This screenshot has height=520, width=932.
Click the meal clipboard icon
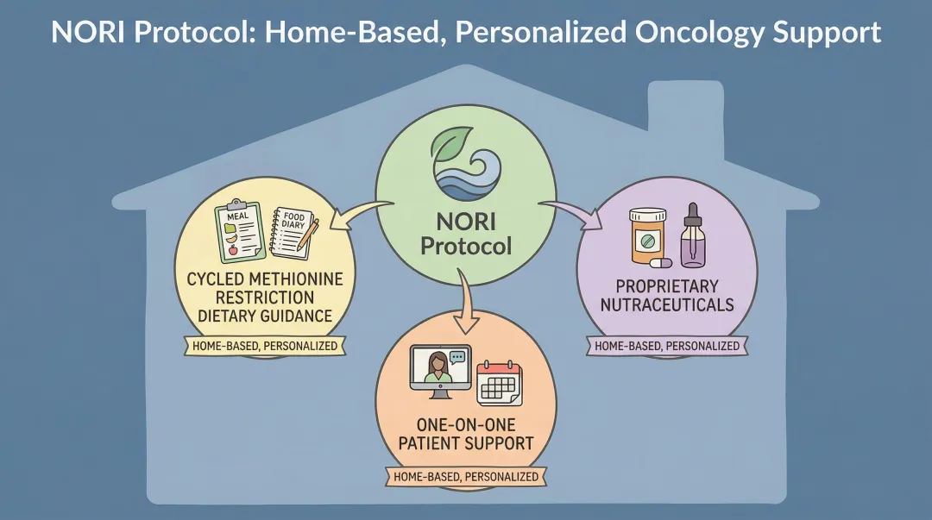click(239, 229)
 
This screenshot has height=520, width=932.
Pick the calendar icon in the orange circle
click(501, 382)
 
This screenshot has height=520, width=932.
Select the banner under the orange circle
click(466, 477)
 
